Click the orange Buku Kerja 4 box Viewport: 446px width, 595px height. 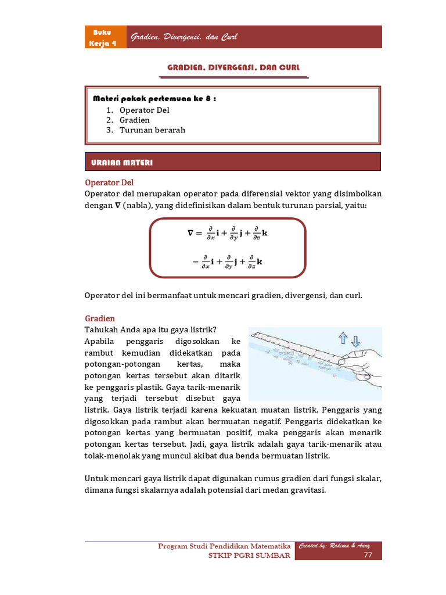(x=105, y=37)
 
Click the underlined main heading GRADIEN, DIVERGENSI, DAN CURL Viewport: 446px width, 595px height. (x=234, y=68)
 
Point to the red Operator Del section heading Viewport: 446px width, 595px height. (x=109, y=182)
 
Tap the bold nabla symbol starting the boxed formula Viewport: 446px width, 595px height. (x=190, y=234)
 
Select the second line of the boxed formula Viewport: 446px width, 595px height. (x=227, y=262)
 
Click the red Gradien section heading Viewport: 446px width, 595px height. (x=100, y=318)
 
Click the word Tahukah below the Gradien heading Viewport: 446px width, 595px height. (x=102, y=329)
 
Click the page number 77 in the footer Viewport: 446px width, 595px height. (x=368, y=555)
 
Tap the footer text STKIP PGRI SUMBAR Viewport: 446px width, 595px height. (x=249, y=556)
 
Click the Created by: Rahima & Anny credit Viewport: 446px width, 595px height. (x=334, y=546)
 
